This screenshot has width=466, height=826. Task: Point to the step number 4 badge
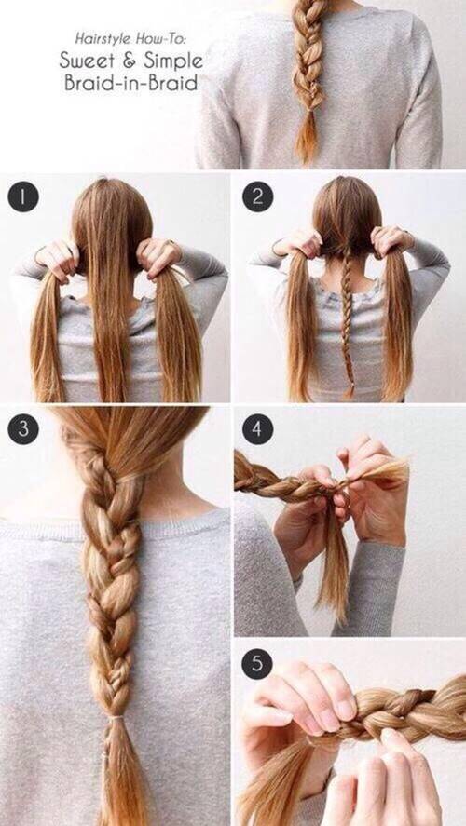click(x=258, y=428)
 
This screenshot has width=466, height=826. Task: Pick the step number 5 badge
click(x=257, y=664)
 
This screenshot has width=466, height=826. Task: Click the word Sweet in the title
click(x=86, y=61)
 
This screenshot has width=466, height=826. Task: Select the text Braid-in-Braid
click(x=131, y=83)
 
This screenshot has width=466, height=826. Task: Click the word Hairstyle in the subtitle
click(x=103, y=39)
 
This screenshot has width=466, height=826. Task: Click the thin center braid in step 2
click(x=347, y=316)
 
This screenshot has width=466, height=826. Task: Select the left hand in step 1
click(x=57, y=260)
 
